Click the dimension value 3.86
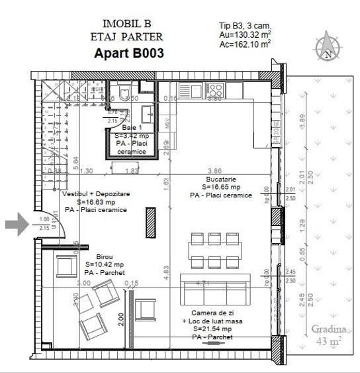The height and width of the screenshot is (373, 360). (x=214, y=170)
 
